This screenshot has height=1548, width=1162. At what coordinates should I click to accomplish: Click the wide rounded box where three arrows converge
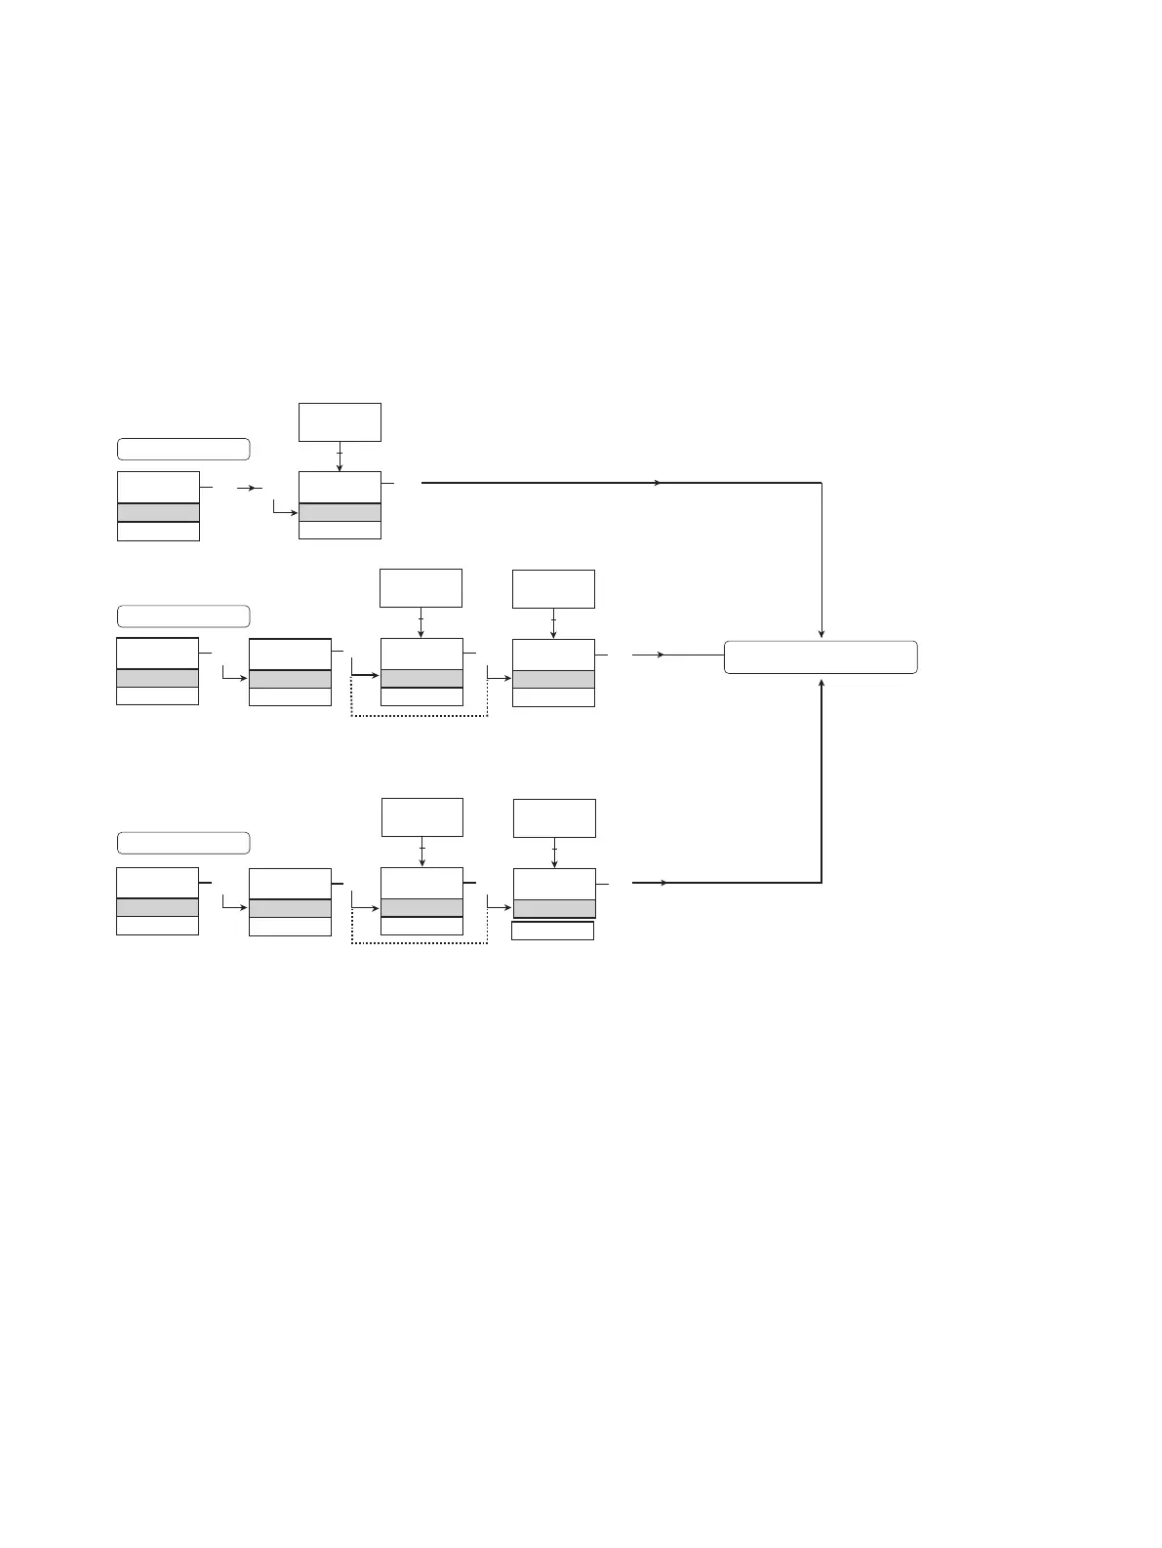tap(821, 656)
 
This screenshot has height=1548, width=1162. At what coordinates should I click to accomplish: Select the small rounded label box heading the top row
tap(183, 450)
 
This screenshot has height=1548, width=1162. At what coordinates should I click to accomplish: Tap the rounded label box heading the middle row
tap(183, 616)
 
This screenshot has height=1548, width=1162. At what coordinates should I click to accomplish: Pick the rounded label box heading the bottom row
tap(183, 843)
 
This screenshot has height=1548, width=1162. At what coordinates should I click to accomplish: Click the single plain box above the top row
tap(340, 422)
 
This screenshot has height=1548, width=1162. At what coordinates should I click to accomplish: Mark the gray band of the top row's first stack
tap(158, 513)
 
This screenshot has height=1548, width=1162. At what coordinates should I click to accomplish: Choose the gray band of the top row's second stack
tap(340, 513)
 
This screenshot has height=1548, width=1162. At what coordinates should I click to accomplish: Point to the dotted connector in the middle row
tap(420, 717)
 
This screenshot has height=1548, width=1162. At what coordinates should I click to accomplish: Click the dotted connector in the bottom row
tap(420, 943)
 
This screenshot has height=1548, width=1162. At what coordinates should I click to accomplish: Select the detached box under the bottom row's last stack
tap(553, 931)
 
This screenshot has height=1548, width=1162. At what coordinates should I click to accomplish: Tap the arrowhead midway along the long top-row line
tap(661, 483)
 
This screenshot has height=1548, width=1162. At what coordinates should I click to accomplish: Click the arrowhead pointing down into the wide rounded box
tap(822, 633)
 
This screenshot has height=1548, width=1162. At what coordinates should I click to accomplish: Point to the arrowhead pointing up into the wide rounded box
tap(822, 682)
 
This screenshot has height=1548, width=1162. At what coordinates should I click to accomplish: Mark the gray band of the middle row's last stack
tap(553, 680)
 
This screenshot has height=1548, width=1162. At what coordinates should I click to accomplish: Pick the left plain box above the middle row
tap(421, 588)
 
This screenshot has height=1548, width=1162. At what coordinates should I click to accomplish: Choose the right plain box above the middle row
tap(553, 588)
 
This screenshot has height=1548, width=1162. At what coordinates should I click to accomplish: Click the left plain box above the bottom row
tap(421, 817)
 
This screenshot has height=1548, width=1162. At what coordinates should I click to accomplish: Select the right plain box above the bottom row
tap(554, 817)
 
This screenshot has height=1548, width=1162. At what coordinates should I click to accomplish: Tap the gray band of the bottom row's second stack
tap(290, 908)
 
